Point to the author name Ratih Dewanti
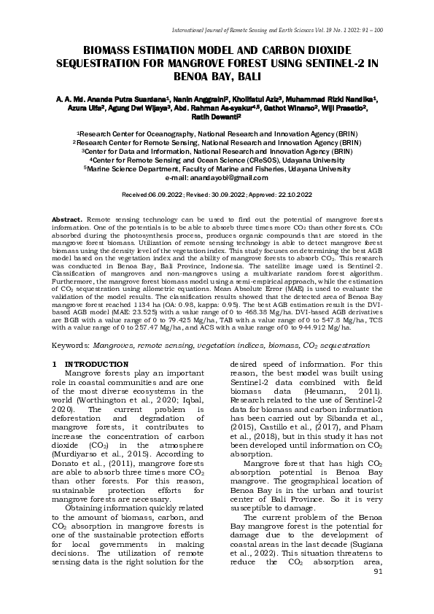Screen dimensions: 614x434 pos(216,115)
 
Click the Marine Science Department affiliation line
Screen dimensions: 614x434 pos(217,168)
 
